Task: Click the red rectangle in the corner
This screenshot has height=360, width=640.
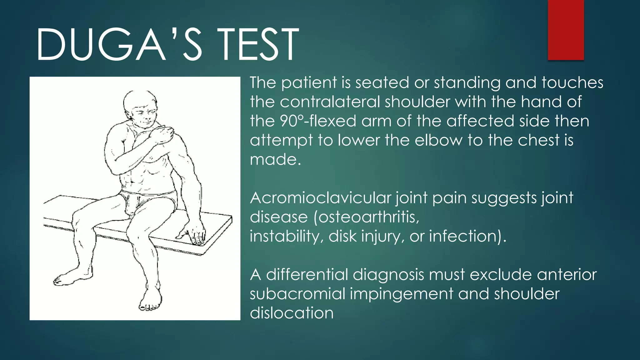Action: click(x=566, y=30)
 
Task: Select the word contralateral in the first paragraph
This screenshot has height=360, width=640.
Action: click(x=330, y=102)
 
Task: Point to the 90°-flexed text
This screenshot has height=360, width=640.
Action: click(x=318, y=121)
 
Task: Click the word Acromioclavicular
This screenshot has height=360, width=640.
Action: click(x=320, y=198)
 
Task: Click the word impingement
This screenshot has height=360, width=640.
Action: click(x=401, y=294)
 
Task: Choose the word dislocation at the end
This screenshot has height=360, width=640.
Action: click(x=292, y=313)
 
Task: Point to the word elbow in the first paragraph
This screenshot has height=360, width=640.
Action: click(x=438, y=140)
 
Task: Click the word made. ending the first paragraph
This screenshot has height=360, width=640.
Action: click(x=275, y=160)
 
